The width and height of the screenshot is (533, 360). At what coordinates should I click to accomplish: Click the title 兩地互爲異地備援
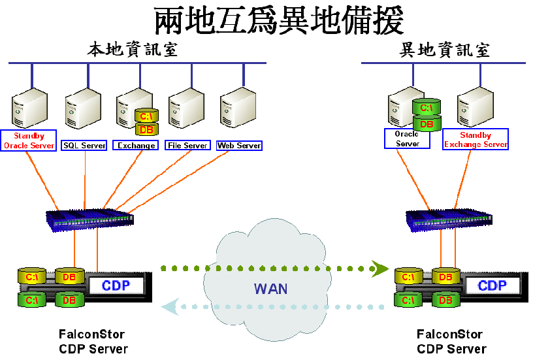point(279,22)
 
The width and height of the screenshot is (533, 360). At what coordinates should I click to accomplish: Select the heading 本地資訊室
point(133,50)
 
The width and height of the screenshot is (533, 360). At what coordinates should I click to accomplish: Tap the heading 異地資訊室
point(444,50)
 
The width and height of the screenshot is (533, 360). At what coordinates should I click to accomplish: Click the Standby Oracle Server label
point(29,141)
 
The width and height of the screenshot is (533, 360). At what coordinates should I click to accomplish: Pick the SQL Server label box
point(84,146)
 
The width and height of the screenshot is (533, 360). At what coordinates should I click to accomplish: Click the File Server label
point(187,146)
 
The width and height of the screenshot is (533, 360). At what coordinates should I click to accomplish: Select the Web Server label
point(239,146)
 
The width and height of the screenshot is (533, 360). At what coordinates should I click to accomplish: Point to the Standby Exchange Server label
point(476,140)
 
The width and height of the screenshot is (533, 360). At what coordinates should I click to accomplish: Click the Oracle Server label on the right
point(407,139)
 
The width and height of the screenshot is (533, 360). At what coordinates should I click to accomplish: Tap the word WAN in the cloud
point(270,288)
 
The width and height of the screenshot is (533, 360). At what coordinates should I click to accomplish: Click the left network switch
point(90,220)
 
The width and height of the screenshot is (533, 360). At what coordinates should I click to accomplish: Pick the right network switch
point(449,220)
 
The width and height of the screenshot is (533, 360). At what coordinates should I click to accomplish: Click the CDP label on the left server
point(116,286)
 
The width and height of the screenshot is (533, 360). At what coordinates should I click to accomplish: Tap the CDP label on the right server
point(492,286)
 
